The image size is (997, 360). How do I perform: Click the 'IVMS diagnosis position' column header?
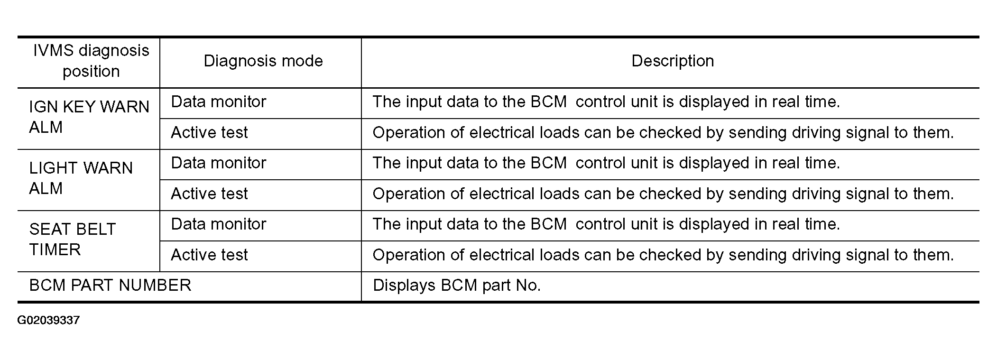coord(91,61)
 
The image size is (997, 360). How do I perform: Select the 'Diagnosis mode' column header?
coord(263,61)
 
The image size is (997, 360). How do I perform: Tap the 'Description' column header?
coord(673,61)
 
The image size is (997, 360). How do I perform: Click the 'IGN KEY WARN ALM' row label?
coord(89,117)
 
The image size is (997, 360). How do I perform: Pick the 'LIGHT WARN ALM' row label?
coord(81,178)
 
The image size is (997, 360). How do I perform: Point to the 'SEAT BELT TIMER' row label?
coord(72,240)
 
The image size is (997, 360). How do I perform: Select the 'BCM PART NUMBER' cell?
coord(110,286)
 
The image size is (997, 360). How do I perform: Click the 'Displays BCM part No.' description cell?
coord(457,286)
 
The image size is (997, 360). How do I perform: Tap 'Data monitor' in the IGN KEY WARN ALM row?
coord(219,102)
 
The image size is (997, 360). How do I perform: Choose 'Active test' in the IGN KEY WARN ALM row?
coord(209,132)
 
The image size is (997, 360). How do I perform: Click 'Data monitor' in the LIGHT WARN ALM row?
coord(219,163)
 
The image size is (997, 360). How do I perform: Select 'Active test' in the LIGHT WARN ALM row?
coord(209,194)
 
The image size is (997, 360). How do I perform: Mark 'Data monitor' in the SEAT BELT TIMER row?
coord(219,224)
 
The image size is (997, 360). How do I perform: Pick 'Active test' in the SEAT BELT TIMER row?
coord(209,255)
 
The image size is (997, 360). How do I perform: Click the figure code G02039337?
coord(48,320)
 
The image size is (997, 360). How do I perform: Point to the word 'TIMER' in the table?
coord(55,249)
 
